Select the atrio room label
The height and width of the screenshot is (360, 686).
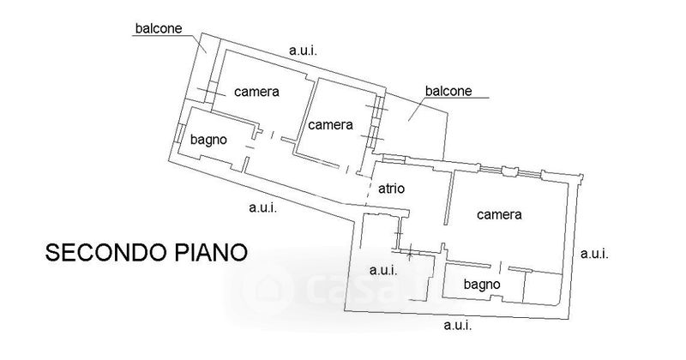coord(391,189)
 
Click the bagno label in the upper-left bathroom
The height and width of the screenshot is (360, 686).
coord(208,140)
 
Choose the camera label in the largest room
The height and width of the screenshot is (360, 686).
coord(500,215)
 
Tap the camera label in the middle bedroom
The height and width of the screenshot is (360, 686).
coord(331,125)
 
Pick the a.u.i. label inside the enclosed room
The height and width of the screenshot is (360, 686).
coord(382,270)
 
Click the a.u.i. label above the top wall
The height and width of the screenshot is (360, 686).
coord(303,51)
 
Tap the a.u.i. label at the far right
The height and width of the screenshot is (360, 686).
coord(594,253)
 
